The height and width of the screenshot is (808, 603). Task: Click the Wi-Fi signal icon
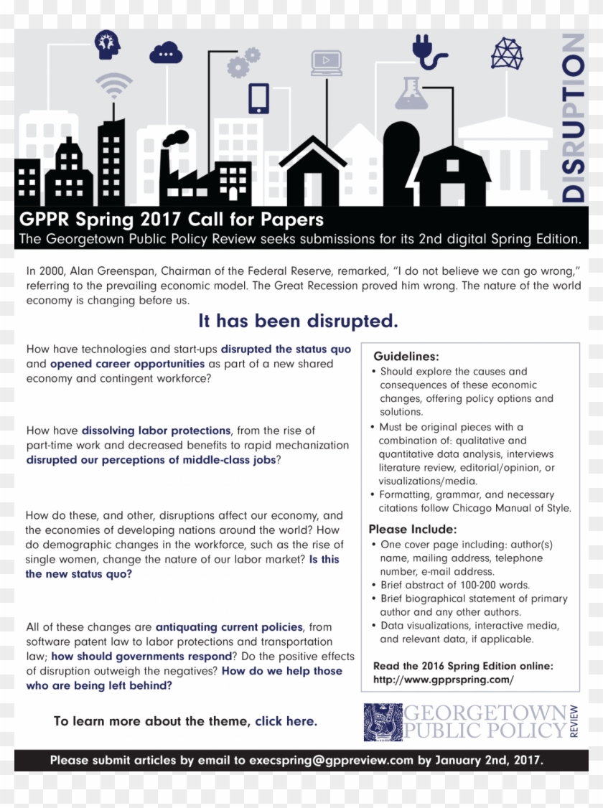[114, 87]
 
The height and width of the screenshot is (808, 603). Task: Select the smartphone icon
[258, 98]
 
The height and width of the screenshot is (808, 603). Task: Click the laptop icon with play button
[327, 62]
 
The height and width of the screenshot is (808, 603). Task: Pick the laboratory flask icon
[412, 93]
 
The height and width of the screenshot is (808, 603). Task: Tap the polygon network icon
[507, 53]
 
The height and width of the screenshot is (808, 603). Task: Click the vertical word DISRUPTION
[573, 118]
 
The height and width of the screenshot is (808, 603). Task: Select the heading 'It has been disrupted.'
[298, 321]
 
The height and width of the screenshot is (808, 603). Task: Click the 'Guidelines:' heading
[406, 357]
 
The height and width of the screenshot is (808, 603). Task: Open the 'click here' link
[286, 721]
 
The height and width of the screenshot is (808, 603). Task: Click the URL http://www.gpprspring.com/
[443, 680]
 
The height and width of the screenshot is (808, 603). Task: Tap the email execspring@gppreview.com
[331, 760]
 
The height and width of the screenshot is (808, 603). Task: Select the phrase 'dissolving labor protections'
[156, 431]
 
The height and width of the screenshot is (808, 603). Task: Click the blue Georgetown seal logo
[383, 722]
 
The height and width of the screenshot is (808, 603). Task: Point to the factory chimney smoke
[175, 138]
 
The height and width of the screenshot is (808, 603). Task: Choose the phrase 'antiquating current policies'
[229, 627]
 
